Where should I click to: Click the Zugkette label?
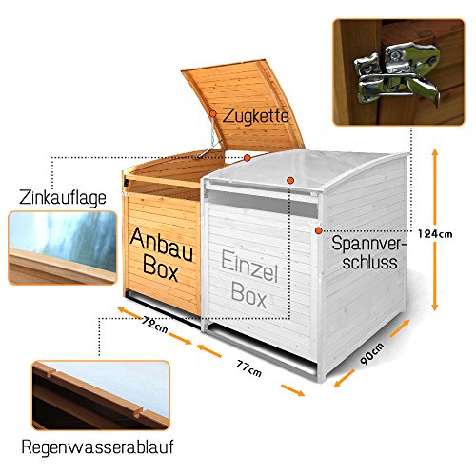(255, 116)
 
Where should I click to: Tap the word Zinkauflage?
(63, 198)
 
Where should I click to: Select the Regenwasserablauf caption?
(98, 447)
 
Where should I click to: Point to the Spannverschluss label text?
(369, 253)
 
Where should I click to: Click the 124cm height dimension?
(435, 234)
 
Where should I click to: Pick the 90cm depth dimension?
(372, 353)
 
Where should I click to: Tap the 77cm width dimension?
(248, 367)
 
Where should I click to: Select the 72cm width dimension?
(155, 326)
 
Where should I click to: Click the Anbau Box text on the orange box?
(162, 254)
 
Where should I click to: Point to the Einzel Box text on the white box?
(249, 279)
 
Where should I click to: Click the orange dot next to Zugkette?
(213, 113)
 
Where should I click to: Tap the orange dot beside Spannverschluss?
(319, 230)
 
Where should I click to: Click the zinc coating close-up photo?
(63, 248)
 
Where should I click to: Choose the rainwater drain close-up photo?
(101, 395)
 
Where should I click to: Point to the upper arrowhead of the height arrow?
(435, 151)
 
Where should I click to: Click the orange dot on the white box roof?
(290, 180)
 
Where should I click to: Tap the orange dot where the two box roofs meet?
(248, 157)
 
